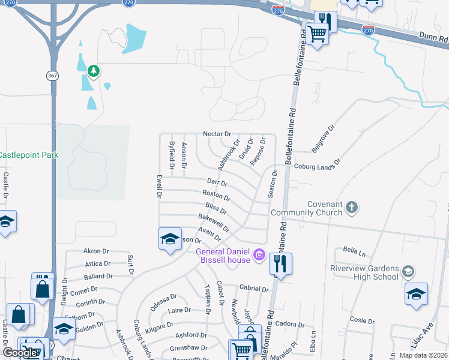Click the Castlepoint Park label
pyautogui.click(x=29, y=155)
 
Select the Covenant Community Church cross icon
pyautogui.click(x=351, y=208)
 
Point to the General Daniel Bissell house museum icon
pyautogui.click(x=259, y=256)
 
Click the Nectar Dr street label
pyautogui.click(x=217, y=134)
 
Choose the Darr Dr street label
pyautogui.click(x=217, y=182)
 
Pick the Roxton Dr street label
pyautogui.click(x=216, y=195)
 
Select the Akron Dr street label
pyautogui.click(x=96, y=251)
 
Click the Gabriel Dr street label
pyautogui.click(x=253, y=289)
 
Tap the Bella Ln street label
pyautogui.click(x=354, y=249)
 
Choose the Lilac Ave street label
pyautogui.click(x=421, y=340)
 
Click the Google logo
pyautogui.click(x=20, y=353)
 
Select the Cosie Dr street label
pyautogui.click(x=362, y=320)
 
